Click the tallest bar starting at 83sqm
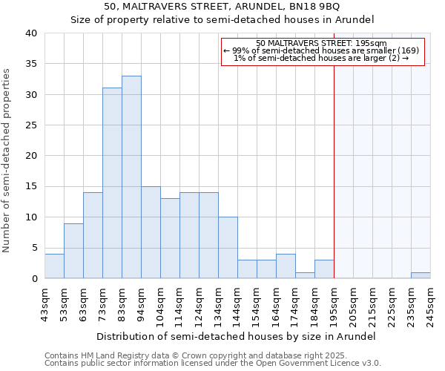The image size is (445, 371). point(131,177)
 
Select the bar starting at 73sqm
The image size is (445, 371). point(112,183)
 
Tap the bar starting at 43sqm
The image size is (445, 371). point(54,266)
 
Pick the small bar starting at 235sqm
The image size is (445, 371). point(421,275)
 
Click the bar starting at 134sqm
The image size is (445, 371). point(228,248)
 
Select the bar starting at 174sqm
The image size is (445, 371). point(305,275)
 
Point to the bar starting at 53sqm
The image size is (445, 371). point(73,251)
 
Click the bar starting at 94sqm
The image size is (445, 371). point(151,232)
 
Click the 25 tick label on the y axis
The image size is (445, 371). point(31,125)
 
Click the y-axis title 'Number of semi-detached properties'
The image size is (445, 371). point(7,160)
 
